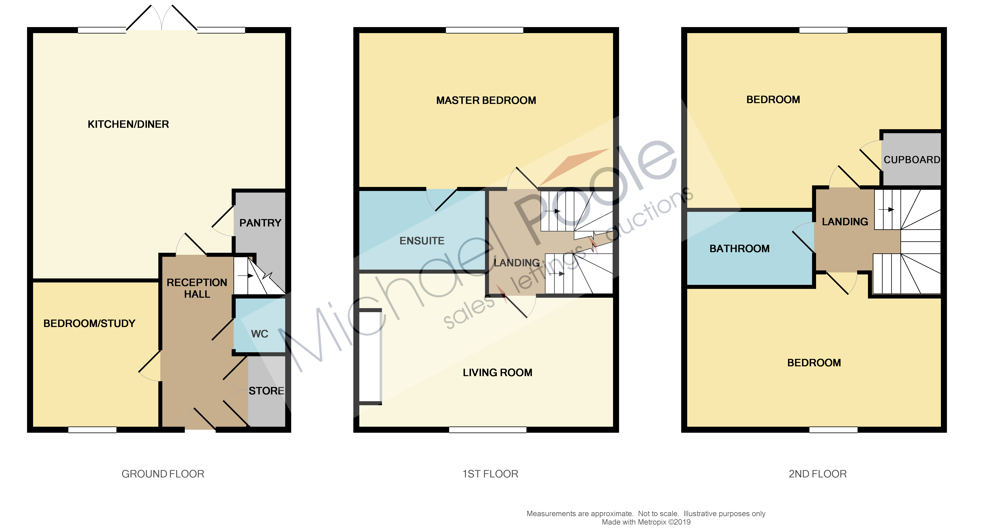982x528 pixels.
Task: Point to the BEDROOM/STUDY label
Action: pyautogui.click(x=89, y=324)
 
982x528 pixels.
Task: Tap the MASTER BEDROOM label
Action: pyautogui.click(x=486, y=100)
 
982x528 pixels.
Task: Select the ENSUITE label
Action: pyautogui.click(x=422, y=241)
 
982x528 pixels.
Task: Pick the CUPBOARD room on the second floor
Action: pyautogui.click(x=911, y=159)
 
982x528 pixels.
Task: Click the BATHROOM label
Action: pyautogui.click(x=739, y=249)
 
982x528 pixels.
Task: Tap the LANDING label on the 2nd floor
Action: pyautogui.click(x=845, y=222)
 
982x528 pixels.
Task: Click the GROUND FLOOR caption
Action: pyautogui.click(x=163, y=474)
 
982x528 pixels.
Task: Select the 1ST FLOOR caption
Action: pyautogui.click(x=490, y=474)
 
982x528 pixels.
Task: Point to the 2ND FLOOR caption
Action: pyautogui.click(x=817, y=474)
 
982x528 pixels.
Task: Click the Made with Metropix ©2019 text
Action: pyautogui.click(x=646, y=522)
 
